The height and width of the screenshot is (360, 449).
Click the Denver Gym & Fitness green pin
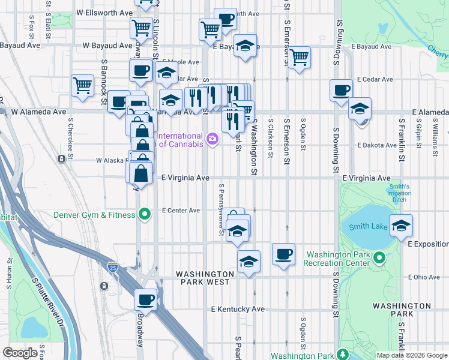click(x=144, y=214)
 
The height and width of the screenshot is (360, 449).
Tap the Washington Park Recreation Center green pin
click(x=379, y=259)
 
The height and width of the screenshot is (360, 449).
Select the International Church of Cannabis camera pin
click(x=212, y=140)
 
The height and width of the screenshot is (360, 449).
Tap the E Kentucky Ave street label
click(x=238, y=309)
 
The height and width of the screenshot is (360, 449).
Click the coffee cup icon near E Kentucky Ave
click(x=146, y=298)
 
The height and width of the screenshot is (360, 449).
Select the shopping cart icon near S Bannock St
click(x=82, y=85)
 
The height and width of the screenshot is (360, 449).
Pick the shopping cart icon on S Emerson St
click(x=299, y=58)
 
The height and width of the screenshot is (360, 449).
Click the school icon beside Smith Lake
click(x=401, y=226)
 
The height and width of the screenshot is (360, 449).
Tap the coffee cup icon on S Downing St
click(x=341, y=91)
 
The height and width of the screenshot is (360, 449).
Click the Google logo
click(x=20, y=353)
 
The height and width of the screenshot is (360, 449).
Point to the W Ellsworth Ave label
click(x=104, y=13)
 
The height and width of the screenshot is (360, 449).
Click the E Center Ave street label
click(x=181, y=211)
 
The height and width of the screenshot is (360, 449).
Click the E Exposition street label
click(x=427, y=244)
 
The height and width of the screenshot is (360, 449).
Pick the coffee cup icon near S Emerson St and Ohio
click(x=283, y=253)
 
